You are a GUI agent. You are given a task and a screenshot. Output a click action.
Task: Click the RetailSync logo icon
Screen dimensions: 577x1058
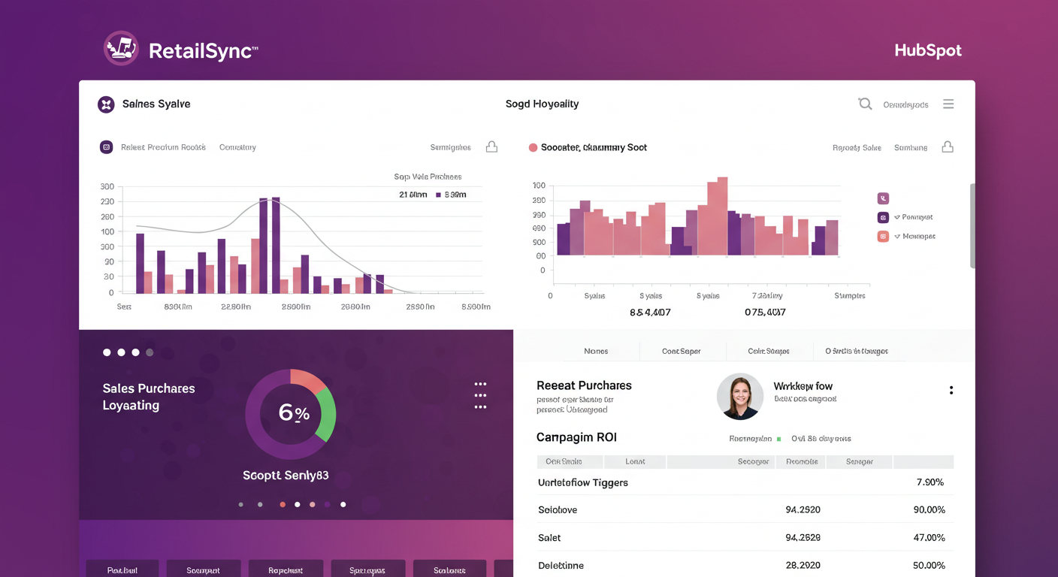121,49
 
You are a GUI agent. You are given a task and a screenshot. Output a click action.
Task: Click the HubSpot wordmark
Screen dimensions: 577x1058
928,50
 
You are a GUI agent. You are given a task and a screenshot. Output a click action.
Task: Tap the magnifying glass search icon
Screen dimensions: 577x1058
865,104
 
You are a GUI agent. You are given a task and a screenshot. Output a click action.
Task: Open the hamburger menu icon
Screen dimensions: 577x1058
948,104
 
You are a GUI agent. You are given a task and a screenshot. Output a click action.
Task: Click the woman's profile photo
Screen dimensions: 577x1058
739,397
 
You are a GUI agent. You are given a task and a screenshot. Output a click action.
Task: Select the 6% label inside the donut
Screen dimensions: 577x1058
294,412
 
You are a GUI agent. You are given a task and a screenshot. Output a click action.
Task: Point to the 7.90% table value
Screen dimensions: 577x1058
930,482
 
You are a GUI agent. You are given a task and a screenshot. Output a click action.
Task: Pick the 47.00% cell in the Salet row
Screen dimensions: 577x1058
929,538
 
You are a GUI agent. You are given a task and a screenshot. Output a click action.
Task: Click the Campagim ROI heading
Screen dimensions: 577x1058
576,437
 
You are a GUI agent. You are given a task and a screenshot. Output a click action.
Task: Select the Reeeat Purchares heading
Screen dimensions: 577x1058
584,385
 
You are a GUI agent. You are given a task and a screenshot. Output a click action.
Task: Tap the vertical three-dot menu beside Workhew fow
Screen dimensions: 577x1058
951,390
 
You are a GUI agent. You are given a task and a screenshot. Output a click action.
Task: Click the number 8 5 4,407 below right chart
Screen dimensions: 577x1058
650,312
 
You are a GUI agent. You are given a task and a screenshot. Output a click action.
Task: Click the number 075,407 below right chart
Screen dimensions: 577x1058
765,312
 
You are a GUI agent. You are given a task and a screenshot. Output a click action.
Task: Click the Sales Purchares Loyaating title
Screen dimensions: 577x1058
149,397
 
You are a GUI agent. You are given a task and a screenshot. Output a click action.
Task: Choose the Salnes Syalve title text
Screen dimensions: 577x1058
156,104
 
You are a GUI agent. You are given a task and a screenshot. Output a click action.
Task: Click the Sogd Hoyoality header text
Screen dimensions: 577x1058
542,104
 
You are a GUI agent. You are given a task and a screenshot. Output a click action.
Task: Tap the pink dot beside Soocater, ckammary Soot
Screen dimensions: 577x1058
533,147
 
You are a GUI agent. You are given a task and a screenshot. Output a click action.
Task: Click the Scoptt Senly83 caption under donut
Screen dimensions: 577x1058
286,476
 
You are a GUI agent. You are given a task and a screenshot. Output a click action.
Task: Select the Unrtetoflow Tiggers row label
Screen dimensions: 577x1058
583,482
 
